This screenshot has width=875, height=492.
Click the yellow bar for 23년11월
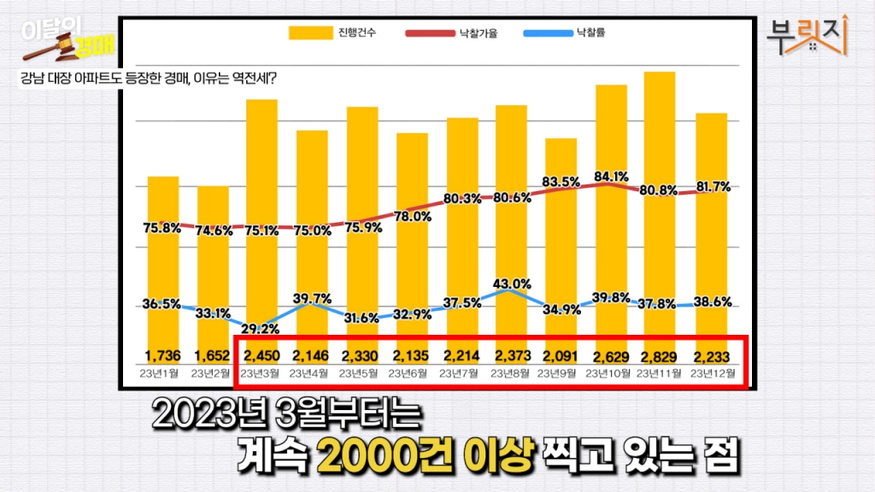click(x=659, y=214)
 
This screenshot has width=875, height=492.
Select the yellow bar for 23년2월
click(x=213, y=273)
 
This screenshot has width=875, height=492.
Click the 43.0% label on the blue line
click(x=511, y=284)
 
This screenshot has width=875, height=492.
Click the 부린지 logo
click(x=807, y=35)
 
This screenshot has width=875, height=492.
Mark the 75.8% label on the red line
click(x=162, y=228)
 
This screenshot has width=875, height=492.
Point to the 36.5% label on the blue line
click(x=161, y=303)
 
